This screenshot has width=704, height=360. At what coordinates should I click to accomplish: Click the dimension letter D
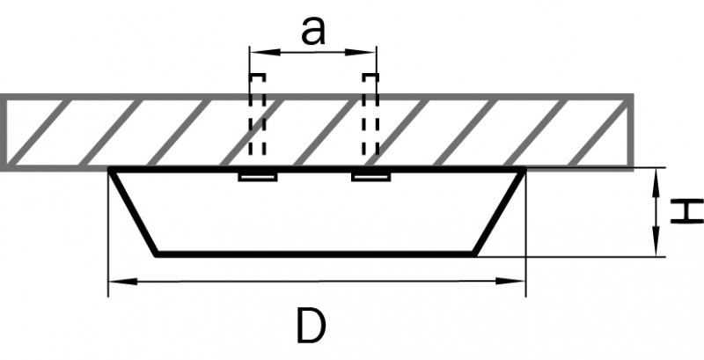[311, 327]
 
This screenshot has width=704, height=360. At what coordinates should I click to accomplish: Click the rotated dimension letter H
[687, 210]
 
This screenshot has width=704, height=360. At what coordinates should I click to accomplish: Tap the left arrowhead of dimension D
[123, 282]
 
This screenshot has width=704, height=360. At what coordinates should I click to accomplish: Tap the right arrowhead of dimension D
[510, 281]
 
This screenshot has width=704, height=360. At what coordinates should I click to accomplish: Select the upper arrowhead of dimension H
[656, 183]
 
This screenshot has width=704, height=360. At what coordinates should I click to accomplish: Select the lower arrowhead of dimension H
[656, 241]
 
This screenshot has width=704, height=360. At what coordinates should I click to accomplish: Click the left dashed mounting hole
[257, 114]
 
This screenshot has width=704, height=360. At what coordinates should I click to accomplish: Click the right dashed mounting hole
[370, 114]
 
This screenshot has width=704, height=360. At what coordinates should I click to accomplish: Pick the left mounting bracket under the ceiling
[258, 177]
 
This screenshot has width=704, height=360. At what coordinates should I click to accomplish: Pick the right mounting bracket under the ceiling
[370, 177]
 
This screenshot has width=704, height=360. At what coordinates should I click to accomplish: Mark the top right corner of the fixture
[524, 169]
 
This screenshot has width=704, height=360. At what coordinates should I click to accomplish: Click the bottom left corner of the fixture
[157, 254]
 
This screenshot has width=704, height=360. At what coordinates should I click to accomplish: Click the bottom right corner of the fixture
[475, 254]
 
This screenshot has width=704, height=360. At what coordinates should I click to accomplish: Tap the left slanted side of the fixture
[134, 212]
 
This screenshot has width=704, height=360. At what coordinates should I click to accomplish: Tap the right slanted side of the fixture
[499, 212]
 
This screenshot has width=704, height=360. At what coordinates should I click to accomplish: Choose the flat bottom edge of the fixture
[316, 254]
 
